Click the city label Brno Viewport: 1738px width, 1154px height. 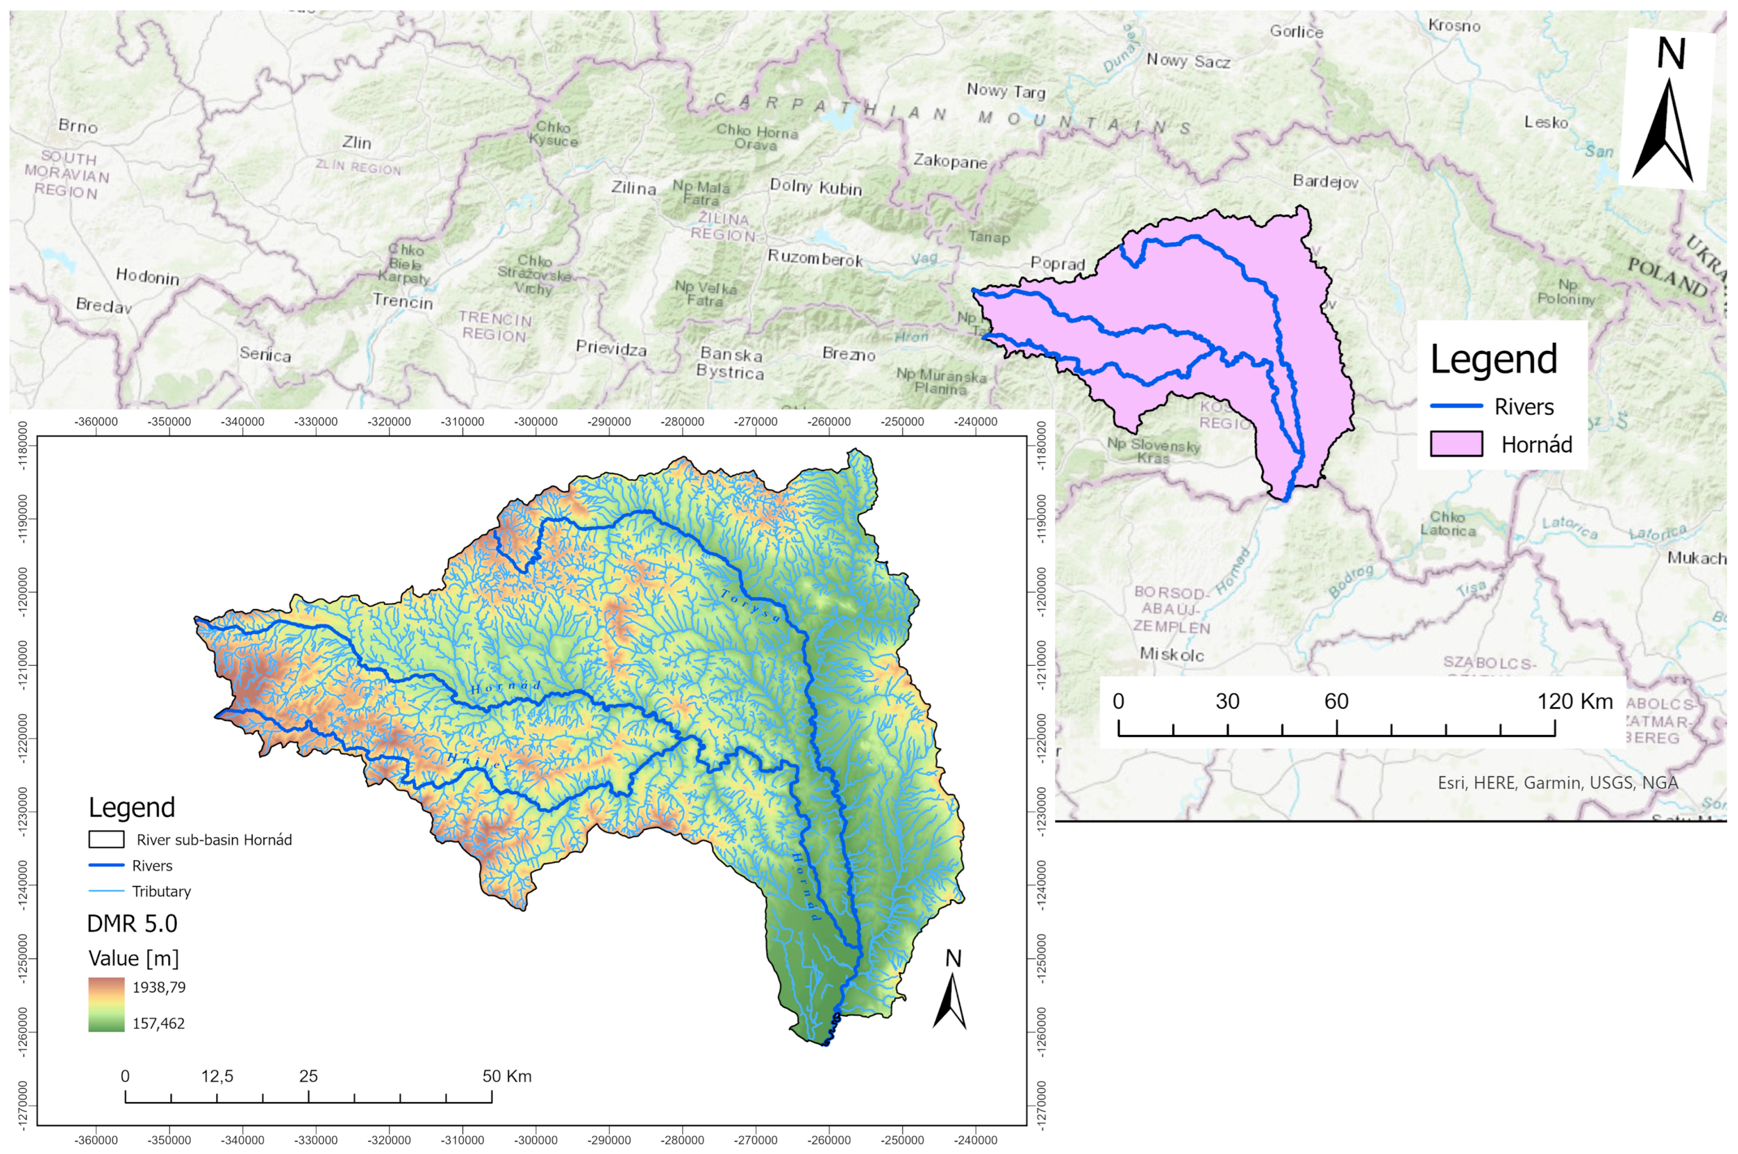pos(78,126)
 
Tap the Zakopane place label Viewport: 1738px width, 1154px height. pos(950,161)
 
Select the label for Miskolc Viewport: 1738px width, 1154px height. pos(1171,654)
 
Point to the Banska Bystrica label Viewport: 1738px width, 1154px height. pos(731,363)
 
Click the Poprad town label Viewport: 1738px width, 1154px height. pos(1057,263)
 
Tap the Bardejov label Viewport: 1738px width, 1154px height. pos(1325,181)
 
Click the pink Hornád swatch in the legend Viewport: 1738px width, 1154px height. pos(1455,445)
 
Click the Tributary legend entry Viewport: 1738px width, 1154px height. pos(161,891)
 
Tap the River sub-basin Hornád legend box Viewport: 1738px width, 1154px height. pos(106,840)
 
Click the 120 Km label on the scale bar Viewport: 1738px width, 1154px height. pos(1575,701)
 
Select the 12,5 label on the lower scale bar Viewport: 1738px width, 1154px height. pos(217,1076)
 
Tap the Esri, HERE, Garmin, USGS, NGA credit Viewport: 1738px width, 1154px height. pos(1558,783)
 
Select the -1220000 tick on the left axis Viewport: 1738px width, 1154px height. pos(23,738)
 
